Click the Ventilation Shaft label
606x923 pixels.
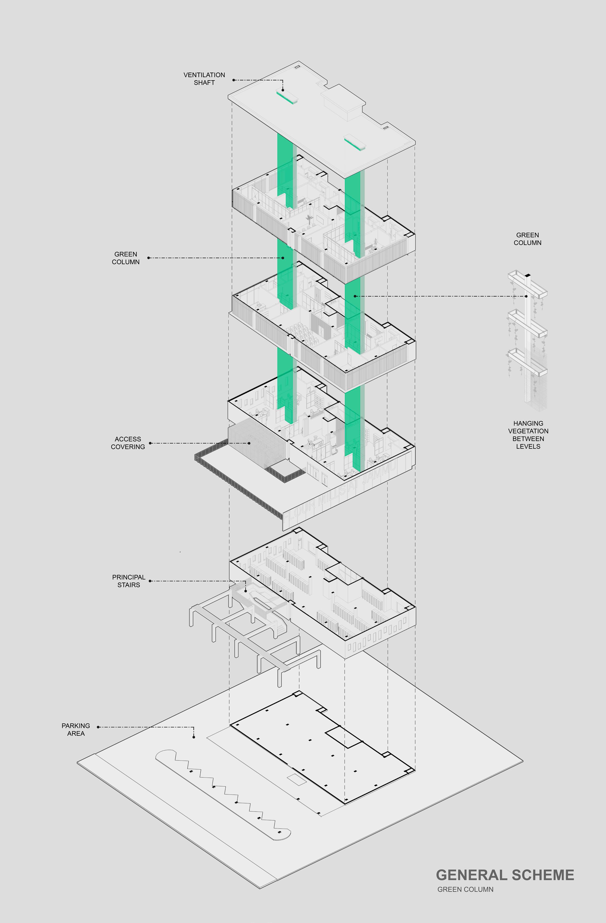(x=204, y=79)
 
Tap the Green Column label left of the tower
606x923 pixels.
(x=126, y=258)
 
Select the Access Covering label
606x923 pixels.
(x=128, y=443)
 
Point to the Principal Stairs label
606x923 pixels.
(x=128, y=581)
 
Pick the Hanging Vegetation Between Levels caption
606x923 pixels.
(x=528, y=435)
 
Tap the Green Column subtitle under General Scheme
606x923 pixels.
(x=465, y=889)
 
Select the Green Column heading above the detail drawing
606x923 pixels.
(x=527, y=239)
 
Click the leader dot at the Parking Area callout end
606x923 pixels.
(x=193, y=737)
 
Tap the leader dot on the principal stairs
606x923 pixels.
(x=246, y=591)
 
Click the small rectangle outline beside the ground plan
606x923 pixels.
(x=296, y=780)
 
